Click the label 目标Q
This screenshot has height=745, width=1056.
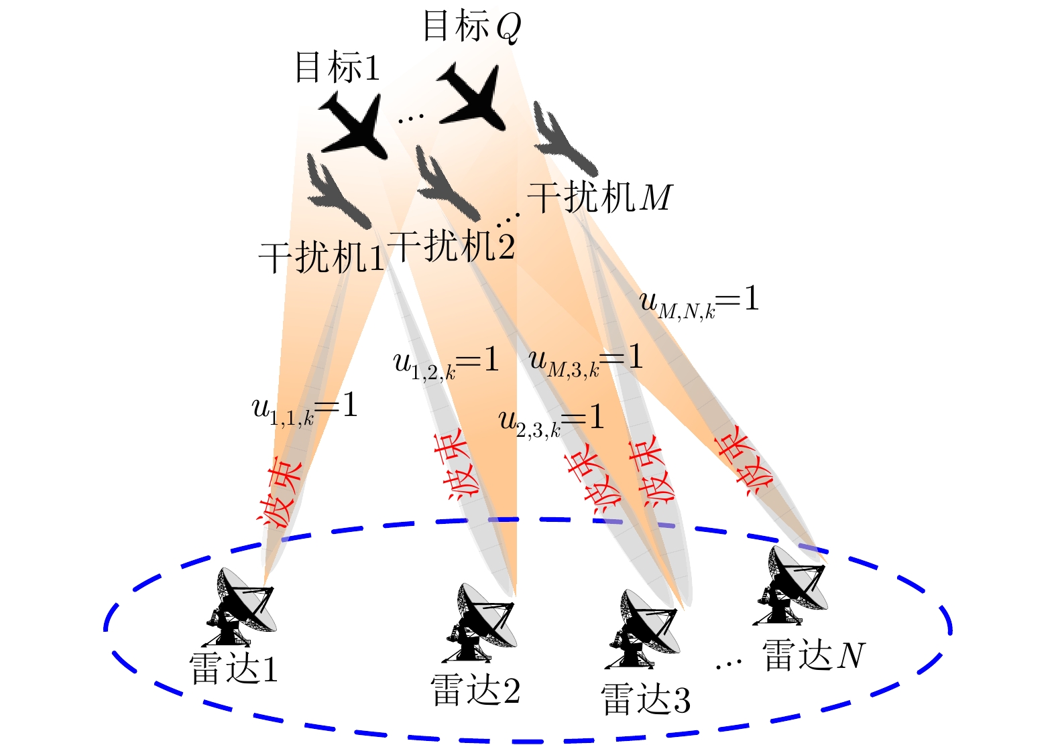pyautogui.click(x=472, y=26)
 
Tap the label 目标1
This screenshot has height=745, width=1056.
pyautogui.click(x=337, y=67)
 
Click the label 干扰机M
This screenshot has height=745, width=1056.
pyautogui.click(x=600, y=197)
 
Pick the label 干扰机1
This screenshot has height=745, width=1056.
pyautogui.click(x=322, y=257)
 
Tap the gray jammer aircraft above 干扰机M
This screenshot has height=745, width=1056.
pyautogui.click(x=565, y=139)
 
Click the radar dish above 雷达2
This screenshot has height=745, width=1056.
pyautogui.click(x=481, y=622)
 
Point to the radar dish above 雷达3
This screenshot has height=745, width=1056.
pyautogui.click(x=643, y=629)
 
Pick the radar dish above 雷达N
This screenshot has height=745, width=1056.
pyautogui.click(x=790, y=586)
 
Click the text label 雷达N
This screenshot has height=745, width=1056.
pyautogui.click(x=814, y=655)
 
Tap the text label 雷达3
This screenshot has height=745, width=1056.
pyautogui.click(x=646, y=699)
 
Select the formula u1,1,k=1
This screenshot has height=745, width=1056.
pyautogui.click(x=304, y=409)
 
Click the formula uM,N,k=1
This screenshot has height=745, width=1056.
pyautogui.click(x=699, y=303)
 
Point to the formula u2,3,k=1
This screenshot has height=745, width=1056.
pyautogui.click(x=551, y=421)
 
